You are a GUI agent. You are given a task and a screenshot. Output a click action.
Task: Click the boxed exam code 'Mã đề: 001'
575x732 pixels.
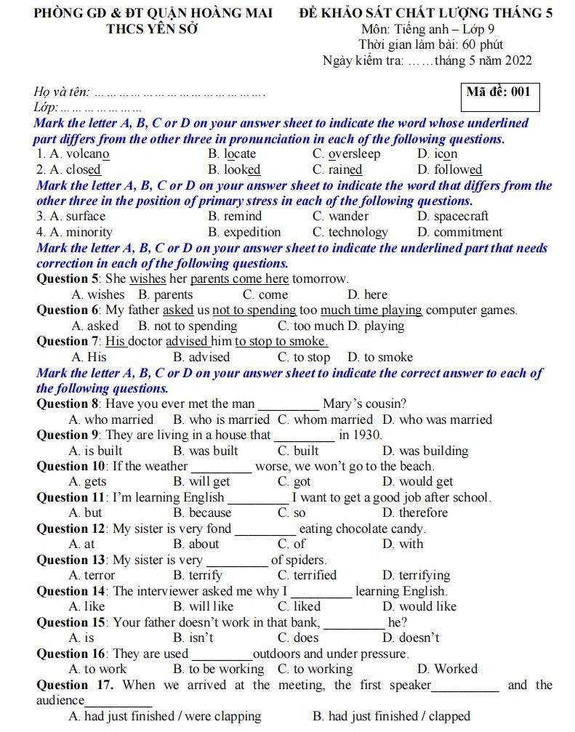499,92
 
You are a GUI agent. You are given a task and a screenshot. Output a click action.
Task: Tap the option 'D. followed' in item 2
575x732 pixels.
449,170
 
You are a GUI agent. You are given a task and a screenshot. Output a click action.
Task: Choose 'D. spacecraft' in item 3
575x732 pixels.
453,217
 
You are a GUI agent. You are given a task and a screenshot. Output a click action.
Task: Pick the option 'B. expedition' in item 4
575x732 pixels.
244,233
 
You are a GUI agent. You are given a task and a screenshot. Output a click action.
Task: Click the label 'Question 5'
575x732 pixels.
69,279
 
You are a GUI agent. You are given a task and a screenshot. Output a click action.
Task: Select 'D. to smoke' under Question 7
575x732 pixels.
379,358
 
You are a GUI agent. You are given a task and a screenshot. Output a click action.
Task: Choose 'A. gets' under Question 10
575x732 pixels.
87,482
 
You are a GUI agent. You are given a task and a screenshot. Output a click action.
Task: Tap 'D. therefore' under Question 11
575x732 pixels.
415,513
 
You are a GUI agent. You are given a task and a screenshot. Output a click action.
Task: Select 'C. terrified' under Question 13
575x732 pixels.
307,576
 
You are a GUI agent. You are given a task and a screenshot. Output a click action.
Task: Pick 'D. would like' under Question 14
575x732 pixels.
419,607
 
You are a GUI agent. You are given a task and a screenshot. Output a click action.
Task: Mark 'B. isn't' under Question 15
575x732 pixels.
193,638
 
